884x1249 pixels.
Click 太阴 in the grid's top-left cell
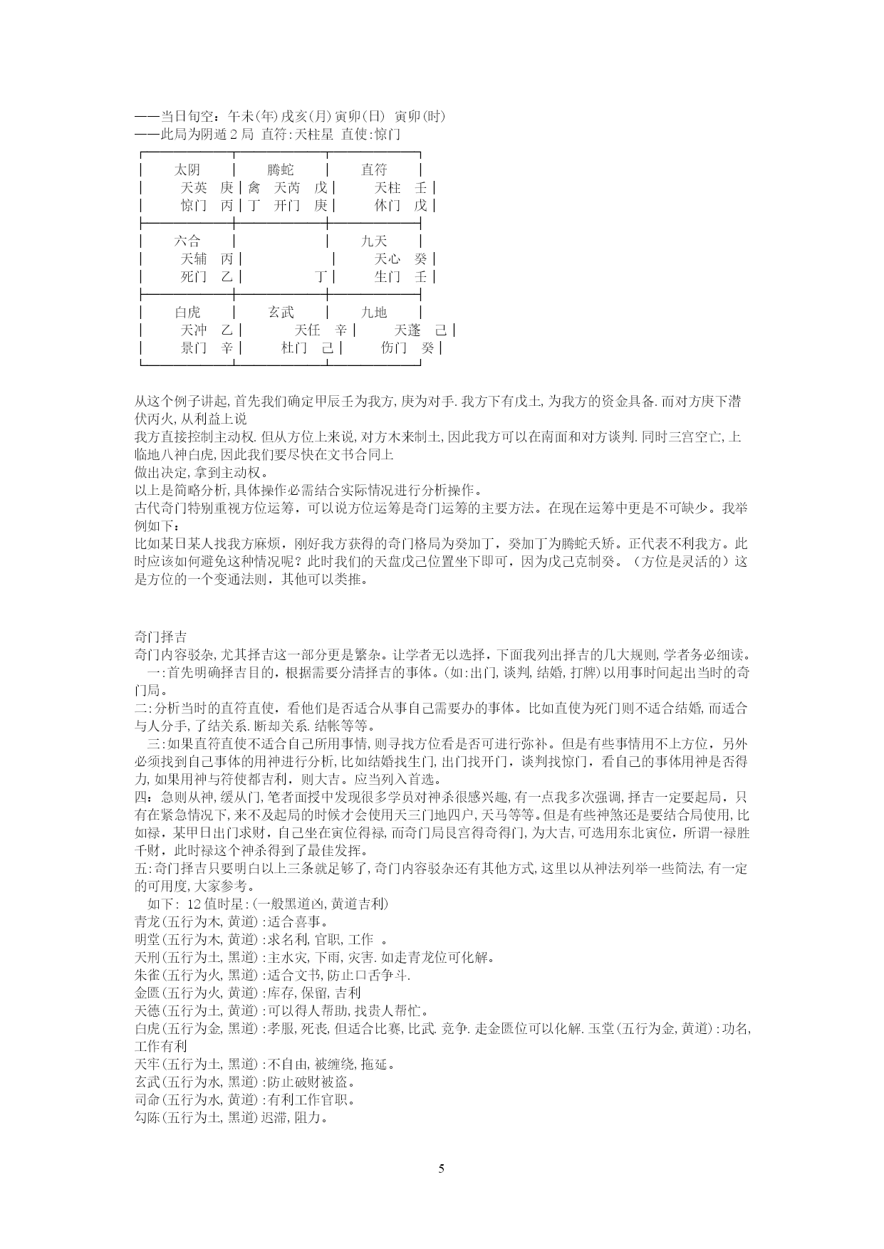coord(187,169)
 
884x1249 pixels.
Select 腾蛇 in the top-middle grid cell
coord(281,169)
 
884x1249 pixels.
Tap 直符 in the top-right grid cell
coord(374,169)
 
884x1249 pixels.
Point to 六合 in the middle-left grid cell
coord(187,241)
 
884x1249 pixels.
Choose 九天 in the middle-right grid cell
coord(374,241)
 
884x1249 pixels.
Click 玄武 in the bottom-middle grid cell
coord(281,312)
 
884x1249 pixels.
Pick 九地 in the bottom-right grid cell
coord(374,312)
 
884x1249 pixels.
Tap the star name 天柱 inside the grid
coord(388,187)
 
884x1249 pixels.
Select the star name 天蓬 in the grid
coord(407,330)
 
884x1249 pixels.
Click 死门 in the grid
coord(194,276)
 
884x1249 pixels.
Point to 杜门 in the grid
coord(294,347)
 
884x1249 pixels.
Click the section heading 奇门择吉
coord(160,637)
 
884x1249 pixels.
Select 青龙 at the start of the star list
coord(147,921)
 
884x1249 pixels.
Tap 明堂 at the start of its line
coord(147,939)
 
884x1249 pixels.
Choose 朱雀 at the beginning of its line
coord(147,975)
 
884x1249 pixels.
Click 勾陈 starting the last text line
coord(147,1117)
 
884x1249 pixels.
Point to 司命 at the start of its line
coord(147,1099)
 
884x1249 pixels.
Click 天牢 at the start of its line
coord(147,1064)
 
